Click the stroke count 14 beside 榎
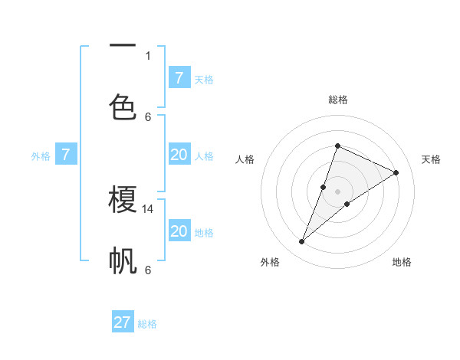point(149,208)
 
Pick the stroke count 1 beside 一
point(148,55)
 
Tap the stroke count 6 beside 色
point(148,116)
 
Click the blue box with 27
point(123,322)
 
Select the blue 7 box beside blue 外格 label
point(66,155)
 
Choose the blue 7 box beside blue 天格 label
point(179,77)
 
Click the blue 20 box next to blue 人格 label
point(179,155)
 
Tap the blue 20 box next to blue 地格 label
point(179,231)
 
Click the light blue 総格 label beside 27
point(148,324)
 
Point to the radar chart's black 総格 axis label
point(337,100)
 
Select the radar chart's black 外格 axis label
point(270,262)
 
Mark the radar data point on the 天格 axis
point(396,172)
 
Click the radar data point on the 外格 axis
point(301,242)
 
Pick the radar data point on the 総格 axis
point(337,146)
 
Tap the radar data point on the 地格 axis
point(347,204)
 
